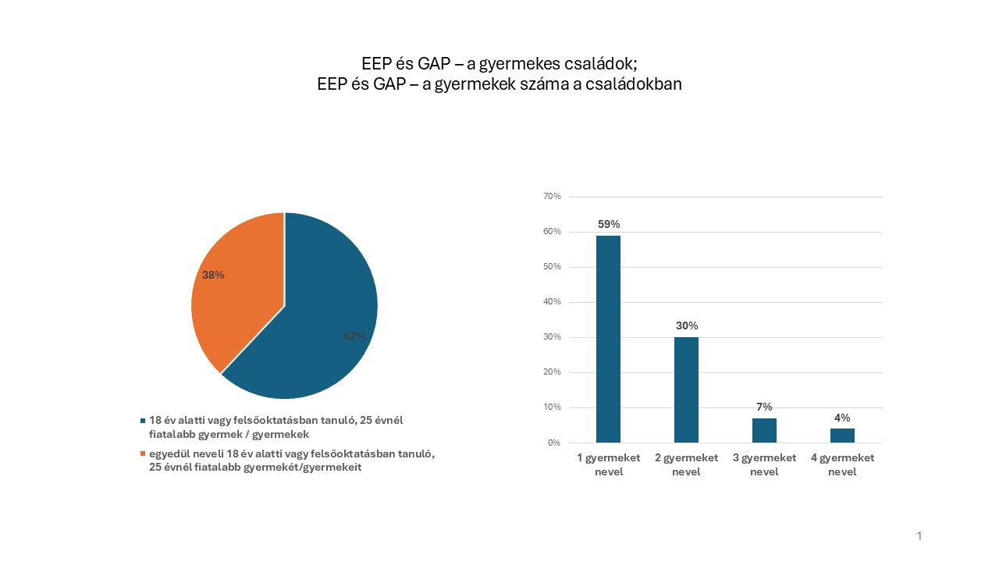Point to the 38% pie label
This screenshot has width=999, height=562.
point(213,275)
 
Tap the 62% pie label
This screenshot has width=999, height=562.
point(354,336)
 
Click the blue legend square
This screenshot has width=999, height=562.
point(142,421)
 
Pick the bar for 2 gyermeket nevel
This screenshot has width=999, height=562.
point(686,389)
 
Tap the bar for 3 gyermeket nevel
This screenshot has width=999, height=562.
point(764,430)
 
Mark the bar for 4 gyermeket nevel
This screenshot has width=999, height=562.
point(842,436)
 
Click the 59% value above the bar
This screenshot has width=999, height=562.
point(609,224)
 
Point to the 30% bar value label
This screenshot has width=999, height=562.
point(687,325)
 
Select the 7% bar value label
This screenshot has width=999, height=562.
point(764,407)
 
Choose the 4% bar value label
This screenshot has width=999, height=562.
point(842,418)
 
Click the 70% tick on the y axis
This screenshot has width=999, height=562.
point(552,197)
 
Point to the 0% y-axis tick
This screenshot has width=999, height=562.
point(553,443)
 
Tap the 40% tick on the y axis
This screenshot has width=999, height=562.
point(552,302)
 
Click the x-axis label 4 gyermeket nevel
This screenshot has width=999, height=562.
point(842,464)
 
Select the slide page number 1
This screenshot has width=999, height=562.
point(919,536)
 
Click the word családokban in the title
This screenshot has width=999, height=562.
point(637,84)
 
